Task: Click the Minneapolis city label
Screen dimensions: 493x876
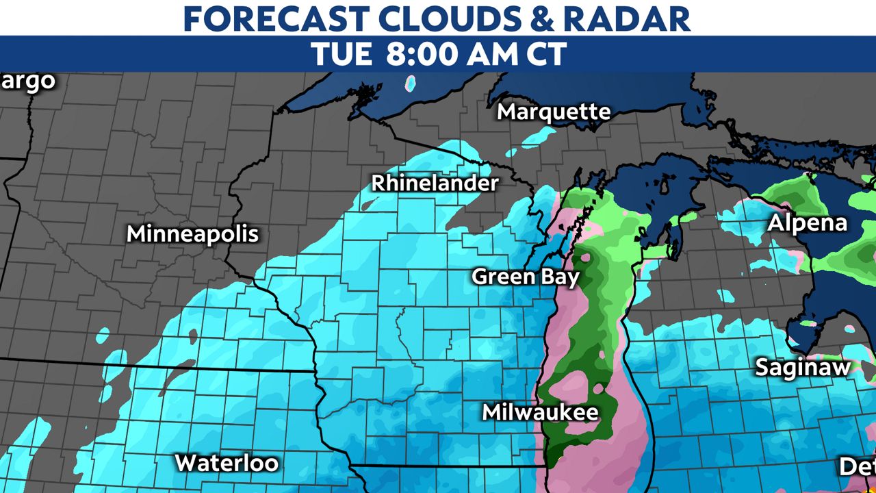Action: (x=192, y=234)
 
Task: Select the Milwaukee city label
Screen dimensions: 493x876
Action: (x=540, y=412)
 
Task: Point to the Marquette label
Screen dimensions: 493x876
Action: (x=554, y=112)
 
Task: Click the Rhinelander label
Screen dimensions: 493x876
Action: (x=435, y=184)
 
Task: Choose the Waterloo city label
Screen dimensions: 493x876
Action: (x=227, y=463)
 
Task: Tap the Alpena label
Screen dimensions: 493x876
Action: (x=807, y=223)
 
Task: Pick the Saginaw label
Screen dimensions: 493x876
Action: (x=802, y=368)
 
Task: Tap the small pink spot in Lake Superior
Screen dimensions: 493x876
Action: (x=411, y=84)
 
